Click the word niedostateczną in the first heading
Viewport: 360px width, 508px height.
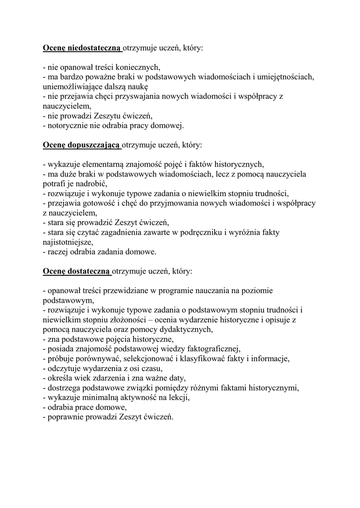click(x=93, y=48)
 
